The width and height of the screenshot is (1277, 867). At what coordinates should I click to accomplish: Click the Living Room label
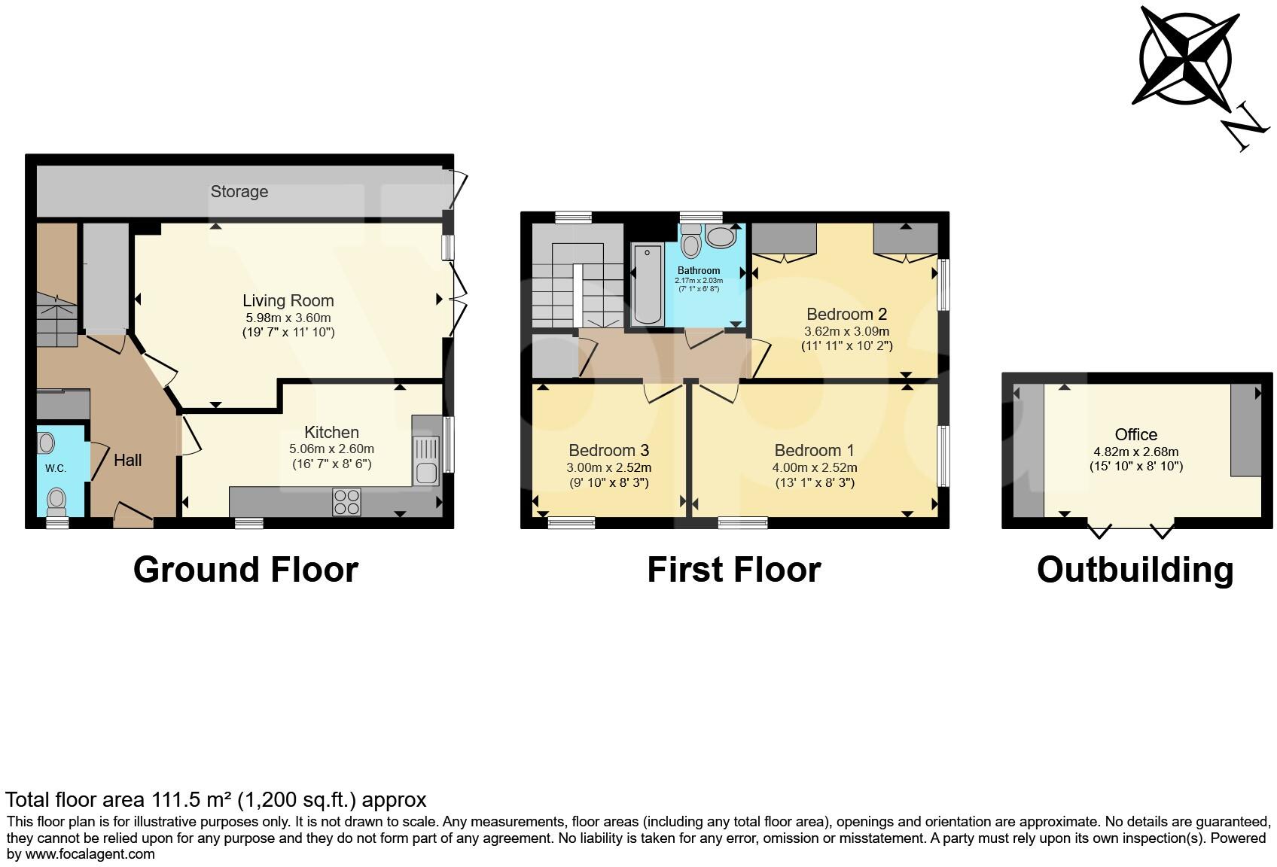click(288, 300)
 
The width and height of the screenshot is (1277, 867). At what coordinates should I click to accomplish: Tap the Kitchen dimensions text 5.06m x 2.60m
click(331, 449)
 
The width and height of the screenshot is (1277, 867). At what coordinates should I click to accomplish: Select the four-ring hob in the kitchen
click(346, 501)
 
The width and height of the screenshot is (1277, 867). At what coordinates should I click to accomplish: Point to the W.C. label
click(56, 468)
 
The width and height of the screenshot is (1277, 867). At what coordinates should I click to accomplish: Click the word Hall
click(127, 460)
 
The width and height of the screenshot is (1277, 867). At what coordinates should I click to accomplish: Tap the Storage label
click(239, 191)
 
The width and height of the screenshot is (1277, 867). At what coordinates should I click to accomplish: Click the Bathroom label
click(699, 270)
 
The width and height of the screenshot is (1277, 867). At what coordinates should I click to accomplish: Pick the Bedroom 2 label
click(846, 314)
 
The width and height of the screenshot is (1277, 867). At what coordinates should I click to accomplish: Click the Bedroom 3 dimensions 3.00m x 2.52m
click(608, 467)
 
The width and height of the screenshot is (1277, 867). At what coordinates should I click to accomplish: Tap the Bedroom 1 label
click(814, 450)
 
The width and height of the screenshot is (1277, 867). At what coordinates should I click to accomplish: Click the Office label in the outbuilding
click(1135, 434)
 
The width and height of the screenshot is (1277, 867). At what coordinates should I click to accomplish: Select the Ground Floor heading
click(245, 570)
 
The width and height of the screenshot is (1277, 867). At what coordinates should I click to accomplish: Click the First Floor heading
click(733, 570)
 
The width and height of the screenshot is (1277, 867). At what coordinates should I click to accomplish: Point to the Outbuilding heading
click(1135, 570)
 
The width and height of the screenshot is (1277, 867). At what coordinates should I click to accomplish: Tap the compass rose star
click(1186, 58)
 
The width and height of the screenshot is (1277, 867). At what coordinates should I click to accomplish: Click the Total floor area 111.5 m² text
click(216, 799)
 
